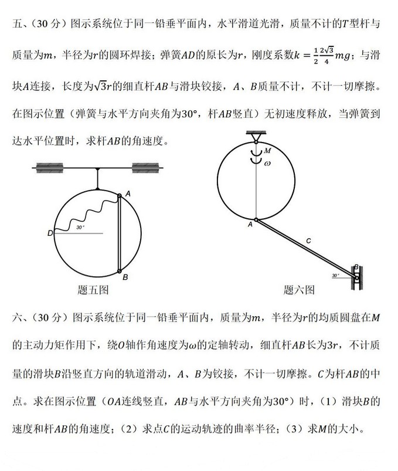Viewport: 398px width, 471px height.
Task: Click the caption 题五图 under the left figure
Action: (93, 289)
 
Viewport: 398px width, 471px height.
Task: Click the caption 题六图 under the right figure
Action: (300, 289)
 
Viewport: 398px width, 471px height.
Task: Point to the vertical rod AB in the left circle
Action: (120, 235)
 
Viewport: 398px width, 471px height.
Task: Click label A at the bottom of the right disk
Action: (250, 223)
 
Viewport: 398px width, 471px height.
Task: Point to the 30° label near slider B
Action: (335, 275)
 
